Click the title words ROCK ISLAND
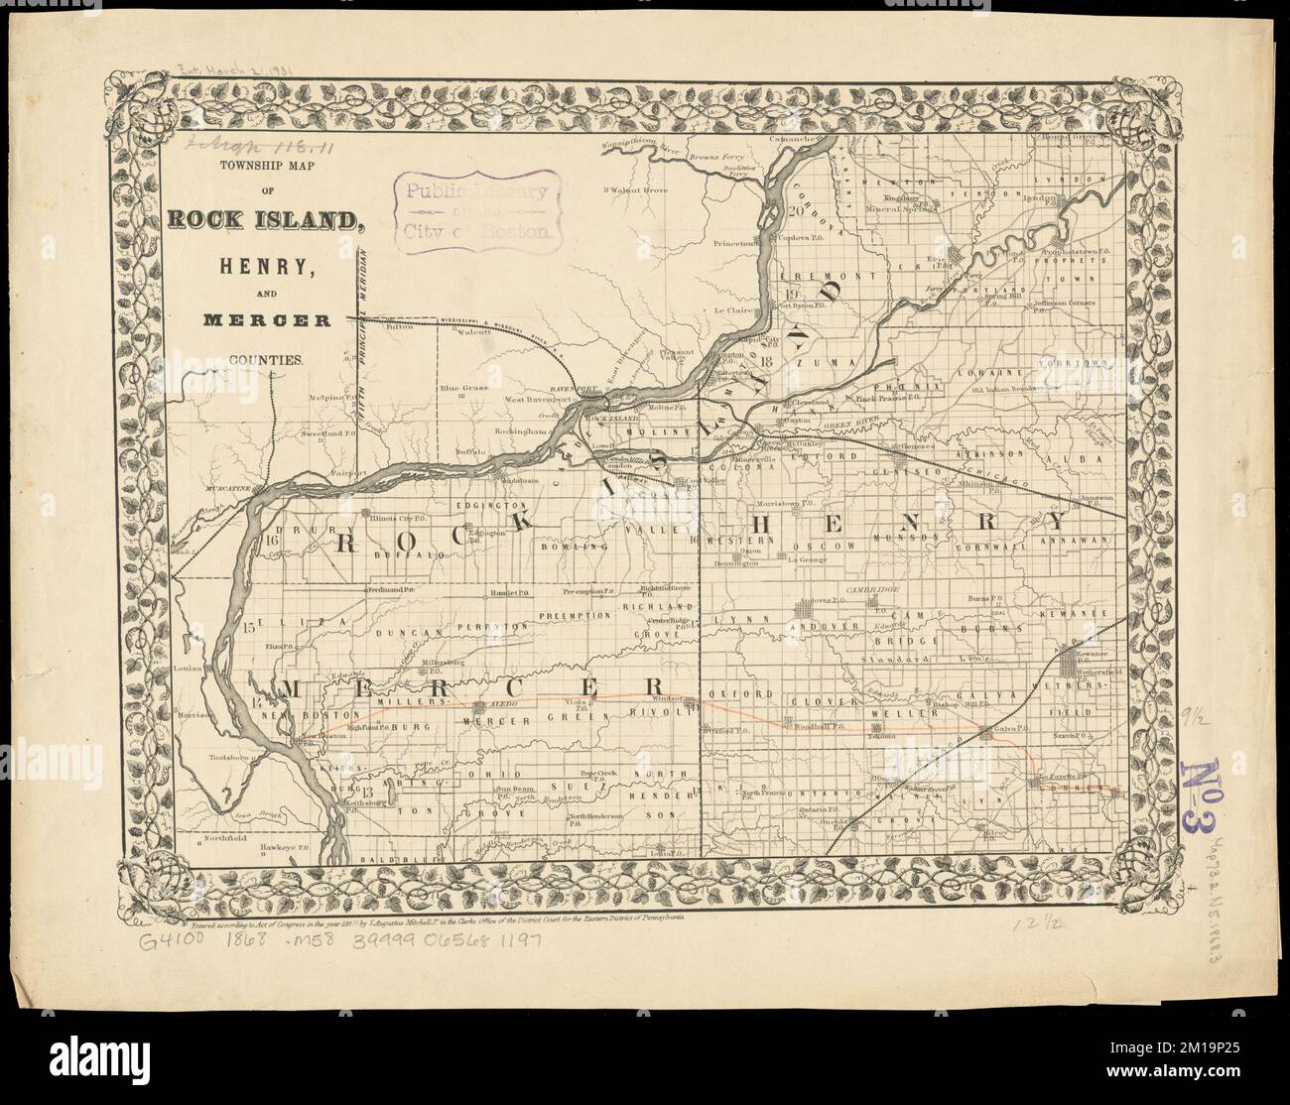point(262,220)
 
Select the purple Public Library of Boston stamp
point(474,211)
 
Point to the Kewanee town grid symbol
point(1073,659)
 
